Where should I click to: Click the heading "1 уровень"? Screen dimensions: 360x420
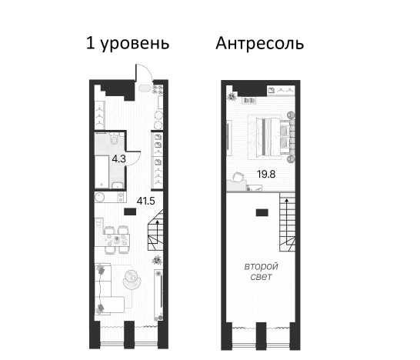click(127, 43)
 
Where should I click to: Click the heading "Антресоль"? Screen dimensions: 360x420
click(260, 43)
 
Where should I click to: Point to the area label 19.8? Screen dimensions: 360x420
click(267, 174)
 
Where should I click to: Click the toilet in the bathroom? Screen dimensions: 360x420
click(112, 141)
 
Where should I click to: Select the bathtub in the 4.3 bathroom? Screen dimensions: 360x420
click(103, 168)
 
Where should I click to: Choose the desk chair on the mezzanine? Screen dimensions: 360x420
click(234, 178)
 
